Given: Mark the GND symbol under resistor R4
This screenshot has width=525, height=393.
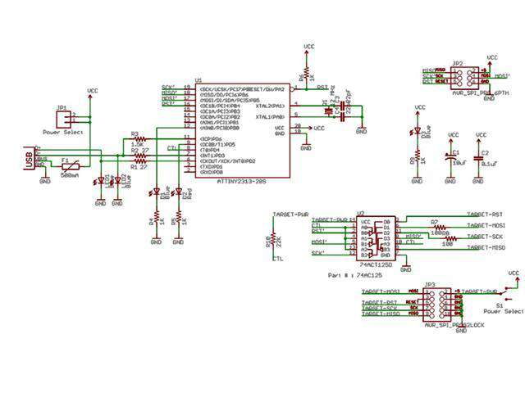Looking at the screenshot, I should pyautogui.click(x=156, y=241).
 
